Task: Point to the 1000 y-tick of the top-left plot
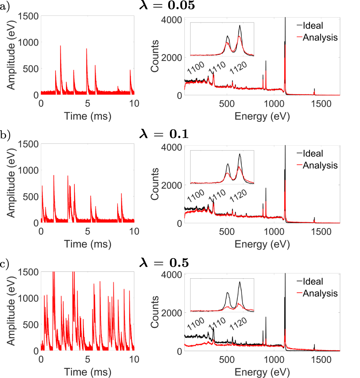pyautogui.click(x=29, y=42)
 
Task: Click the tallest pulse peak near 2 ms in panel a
pyautogui.click(x=60, y=46)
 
